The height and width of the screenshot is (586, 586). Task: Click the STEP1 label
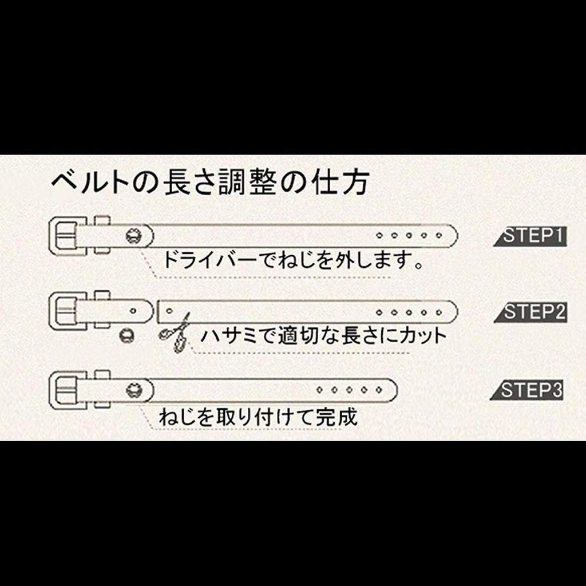coord(530,236)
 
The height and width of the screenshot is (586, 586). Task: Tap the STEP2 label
coord(530,312)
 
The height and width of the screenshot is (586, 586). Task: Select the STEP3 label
coord(527,390)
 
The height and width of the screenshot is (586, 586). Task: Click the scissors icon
coord(175,332)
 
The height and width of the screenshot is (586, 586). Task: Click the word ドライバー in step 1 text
coord(210,259)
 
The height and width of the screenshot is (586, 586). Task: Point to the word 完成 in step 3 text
coord(336,417)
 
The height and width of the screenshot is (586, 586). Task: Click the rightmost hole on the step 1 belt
coord(439,236)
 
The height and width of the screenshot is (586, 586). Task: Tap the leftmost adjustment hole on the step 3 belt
coord(319,390)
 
